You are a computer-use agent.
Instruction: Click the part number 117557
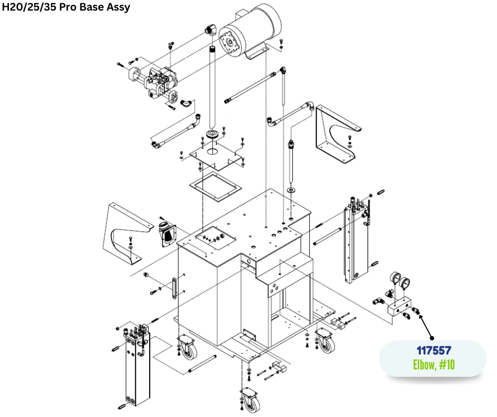click(x=434, y=351)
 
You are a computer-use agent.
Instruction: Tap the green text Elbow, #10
click(x=434, y=365)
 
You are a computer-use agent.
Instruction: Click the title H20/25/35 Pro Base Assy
click(x=66, y=7)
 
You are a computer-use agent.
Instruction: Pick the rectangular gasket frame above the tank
click(x=215, y=187)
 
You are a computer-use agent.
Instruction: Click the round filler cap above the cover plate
click(x=213, y=133)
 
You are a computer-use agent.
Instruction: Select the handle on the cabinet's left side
click(x=173, y=288)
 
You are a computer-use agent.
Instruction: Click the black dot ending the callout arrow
click(x=432, y=338)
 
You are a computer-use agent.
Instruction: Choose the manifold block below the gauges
click(x=399, y=306)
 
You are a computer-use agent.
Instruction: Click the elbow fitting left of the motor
click(x=210, y=30)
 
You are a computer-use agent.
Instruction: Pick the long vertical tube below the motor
click(x=213, y=86)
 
